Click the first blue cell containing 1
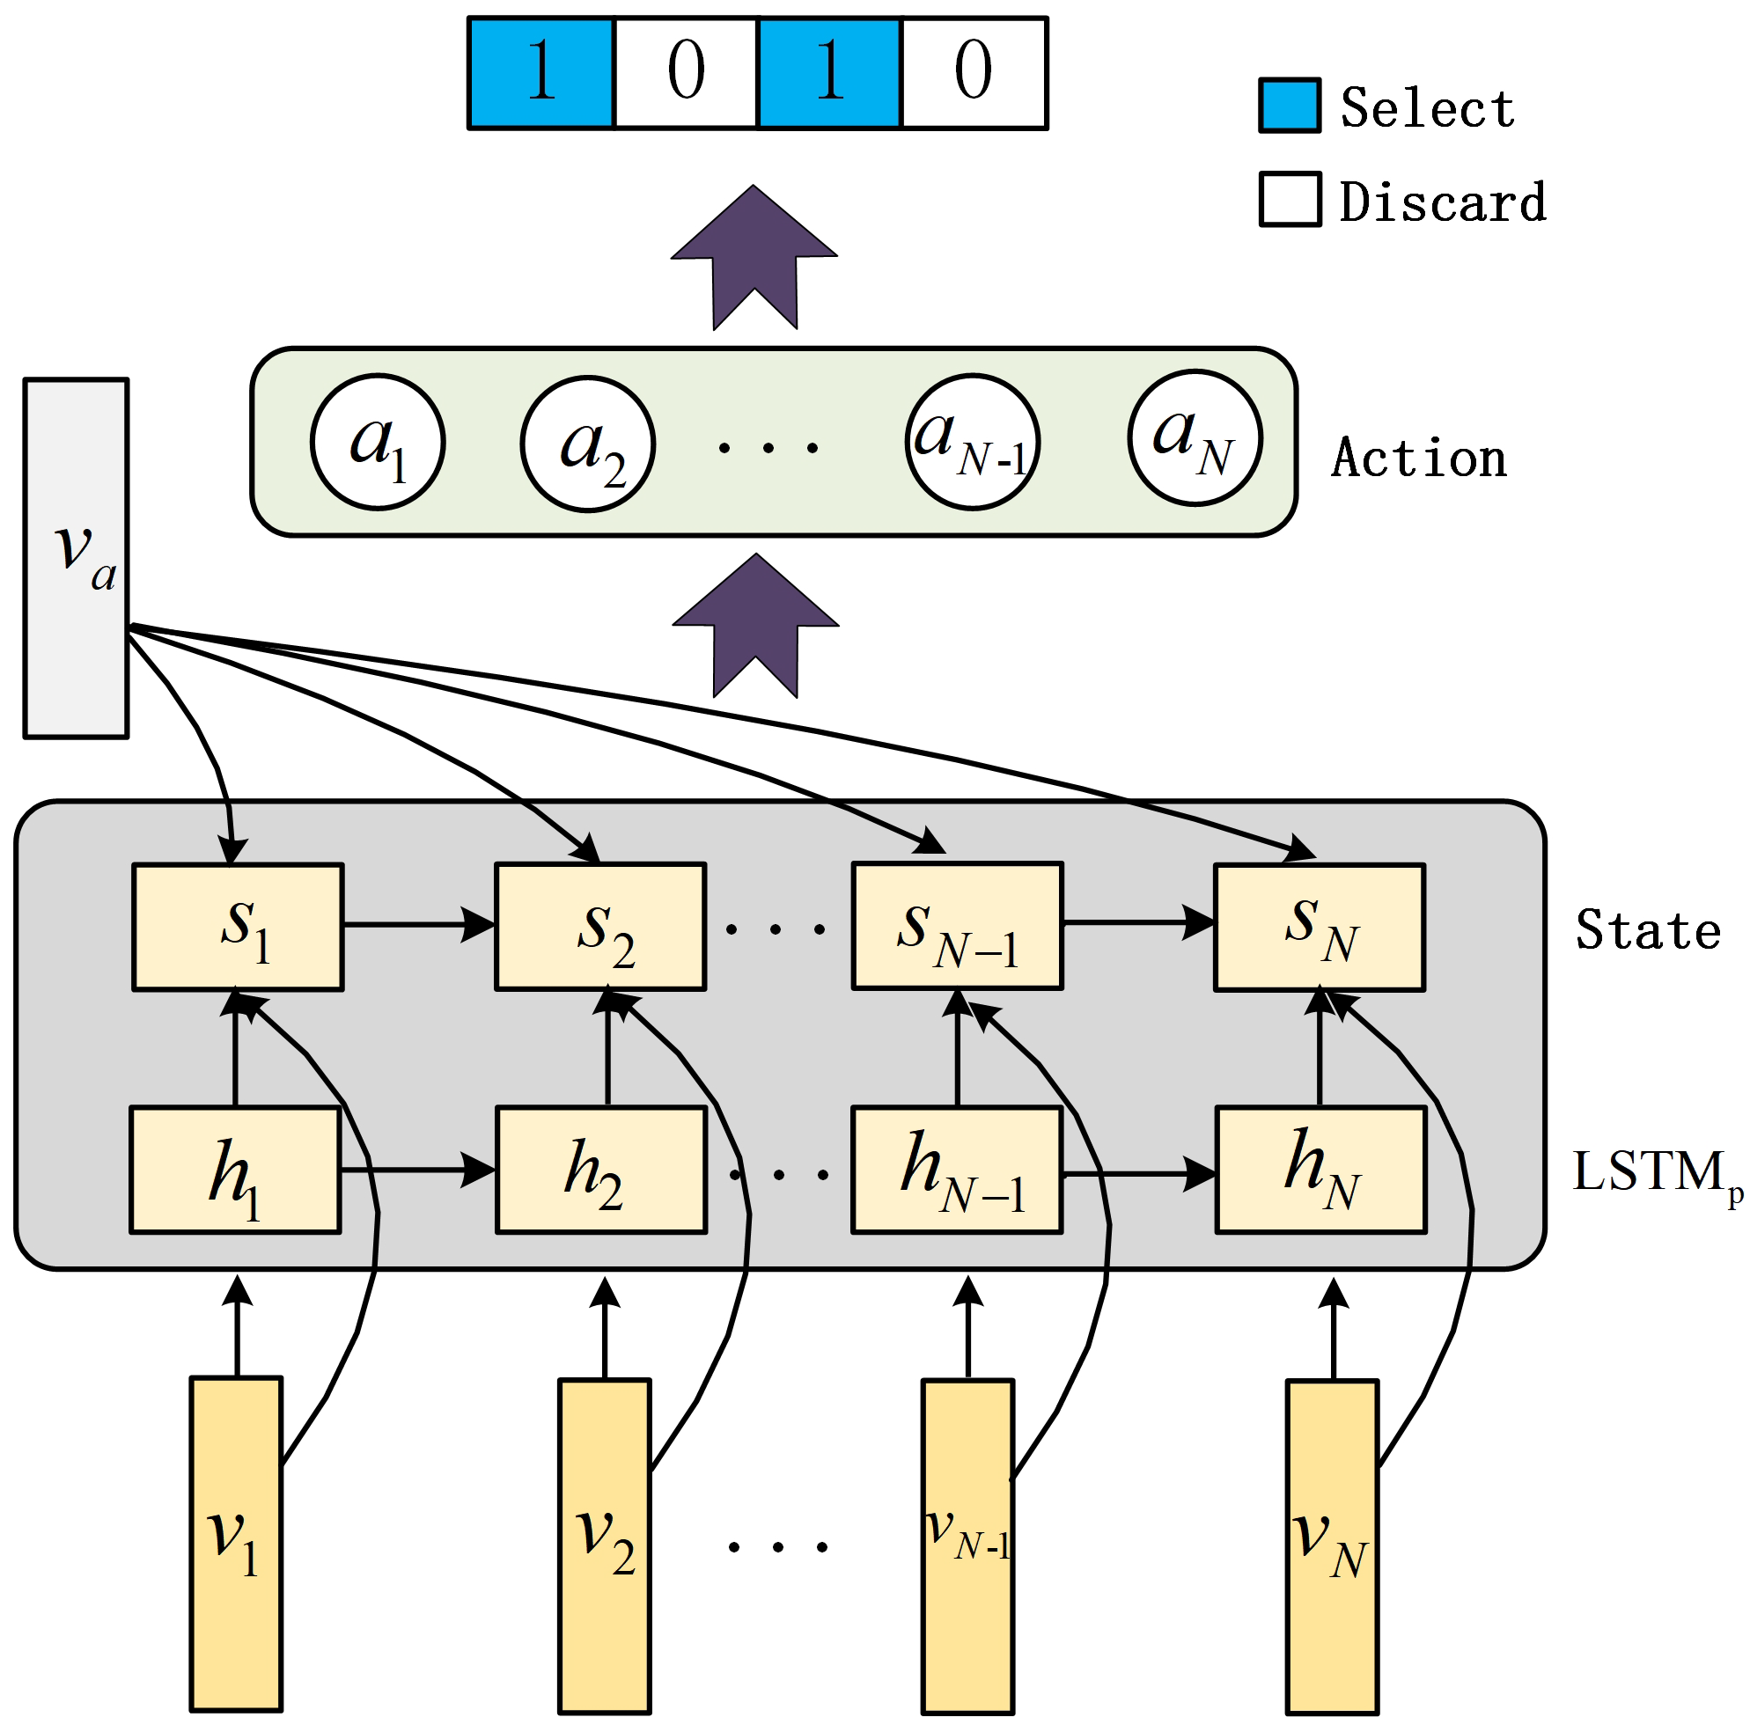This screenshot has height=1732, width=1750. pyautogui.click(x=540, y=73)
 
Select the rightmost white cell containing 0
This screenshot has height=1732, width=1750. pyautogui.click(x=974, y=73)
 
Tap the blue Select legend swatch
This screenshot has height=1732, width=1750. pyautogui.click(x=1289, y=106)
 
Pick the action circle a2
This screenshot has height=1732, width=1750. pyautogui.click(x=588, y=444)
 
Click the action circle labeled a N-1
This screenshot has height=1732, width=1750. pyautogui.click(x=972, y=443)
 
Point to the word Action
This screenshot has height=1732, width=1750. pyautogui.click(x=1418, y=459)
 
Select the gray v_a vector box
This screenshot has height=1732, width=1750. pyautogui.click(x=76, y=559)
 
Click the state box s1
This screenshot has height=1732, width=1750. pyautogui.click(x=239, y=927)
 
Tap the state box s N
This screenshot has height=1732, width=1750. pyautogui.click(x=1319, y=927)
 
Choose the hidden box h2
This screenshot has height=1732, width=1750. pyautogui.click(x=600, y=1170)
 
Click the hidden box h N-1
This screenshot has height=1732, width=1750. pyautogui.click(x=957, y=1170)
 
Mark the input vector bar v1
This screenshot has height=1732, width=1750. pyautogui.click(x=237, y=1544)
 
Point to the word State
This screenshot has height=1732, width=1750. pyautogui.click(x=1648, y=931)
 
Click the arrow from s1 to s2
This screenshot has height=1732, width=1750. pyautogui.click(x=418, y=925)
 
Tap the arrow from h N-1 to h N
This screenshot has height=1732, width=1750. pyautogui.click(x=1137, y=1175)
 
